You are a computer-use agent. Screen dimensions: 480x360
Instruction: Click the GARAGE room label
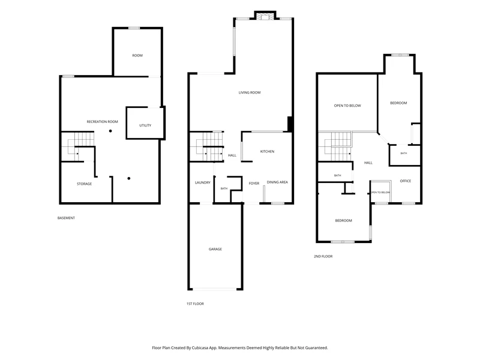215,249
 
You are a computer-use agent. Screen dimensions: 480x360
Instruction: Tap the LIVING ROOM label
250,92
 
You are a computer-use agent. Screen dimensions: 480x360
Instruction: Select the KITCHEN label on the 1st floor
267,152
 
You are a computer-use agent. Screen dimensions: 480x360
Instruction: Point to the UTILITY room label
145,125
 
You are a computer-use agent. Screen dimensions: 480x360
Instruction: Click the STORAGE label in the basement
84,184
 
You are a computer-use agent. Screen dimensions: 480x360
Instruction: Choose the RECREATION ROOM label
102,122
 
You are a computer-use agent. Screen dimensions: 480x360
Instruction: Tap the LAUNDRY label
203,183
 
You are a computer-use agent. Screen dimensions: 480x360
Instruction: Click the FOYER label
254,184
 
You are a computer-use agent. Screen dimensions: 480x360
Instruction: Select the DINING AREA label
277,182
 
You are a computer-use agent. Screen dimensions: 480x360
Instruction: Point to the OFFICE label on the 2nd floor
406,181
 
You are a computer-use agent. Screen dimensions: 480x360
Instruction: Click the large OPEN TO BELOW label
347,106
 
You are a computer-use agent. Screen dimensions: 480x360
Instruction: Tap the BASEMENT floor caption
66,218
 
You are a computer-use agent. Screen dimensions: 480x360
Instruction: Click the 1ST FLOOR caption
196,304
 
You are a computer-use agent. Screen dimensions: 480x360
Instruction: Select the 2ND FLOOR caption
323,256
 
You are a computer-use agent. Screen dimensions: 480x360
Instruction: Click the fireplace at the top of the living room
265,17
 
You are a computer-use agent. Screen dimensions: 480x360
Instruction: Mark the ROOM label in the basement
137,55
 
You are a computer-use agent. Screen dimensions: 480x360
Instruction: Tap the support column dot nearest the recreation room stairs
110,131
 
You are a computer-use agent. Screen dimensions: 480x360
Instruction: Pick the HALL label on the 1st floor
232,155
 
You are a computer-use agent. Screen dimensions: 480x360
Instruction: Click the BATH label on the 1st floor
224,188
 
